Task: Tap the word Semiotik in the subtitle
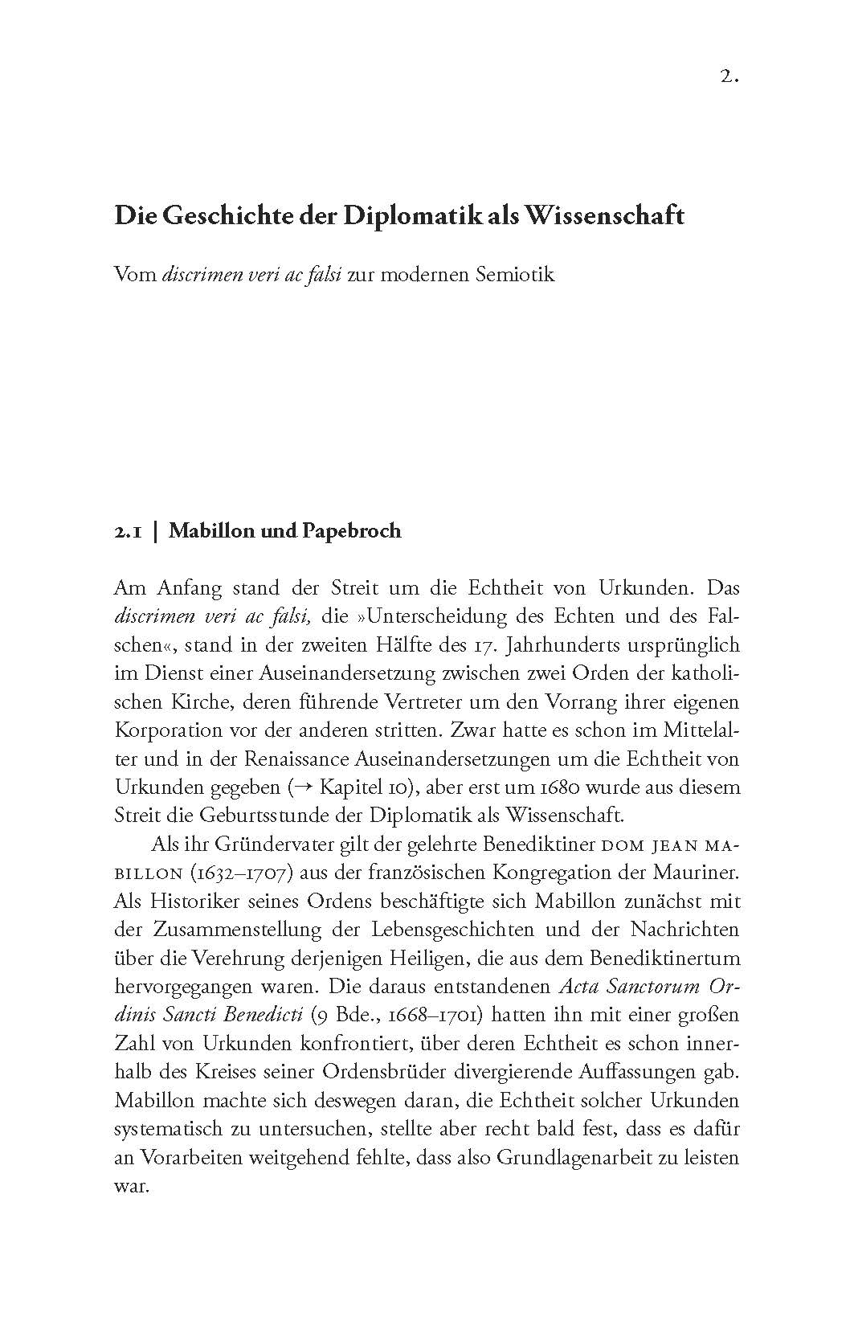click(x=515, y=275)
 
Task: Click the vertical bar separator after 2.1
click(x=155, y=531)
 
